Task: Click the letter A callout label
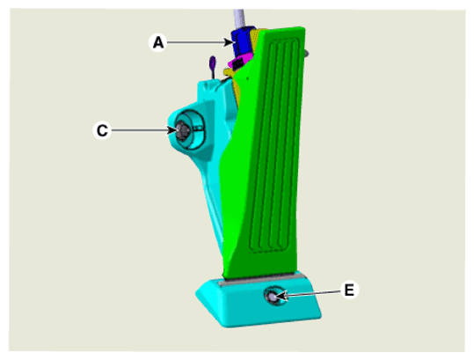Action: click(158, 42)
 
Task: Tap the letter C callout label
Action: click(102, 130)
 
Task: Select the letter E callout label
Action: click(349, 290)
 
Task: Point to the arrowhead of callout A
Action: click(230, 42)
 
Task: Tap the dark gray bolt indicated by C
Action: click(183, 130)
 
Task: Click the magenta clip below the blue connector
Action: click(240, 62)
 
